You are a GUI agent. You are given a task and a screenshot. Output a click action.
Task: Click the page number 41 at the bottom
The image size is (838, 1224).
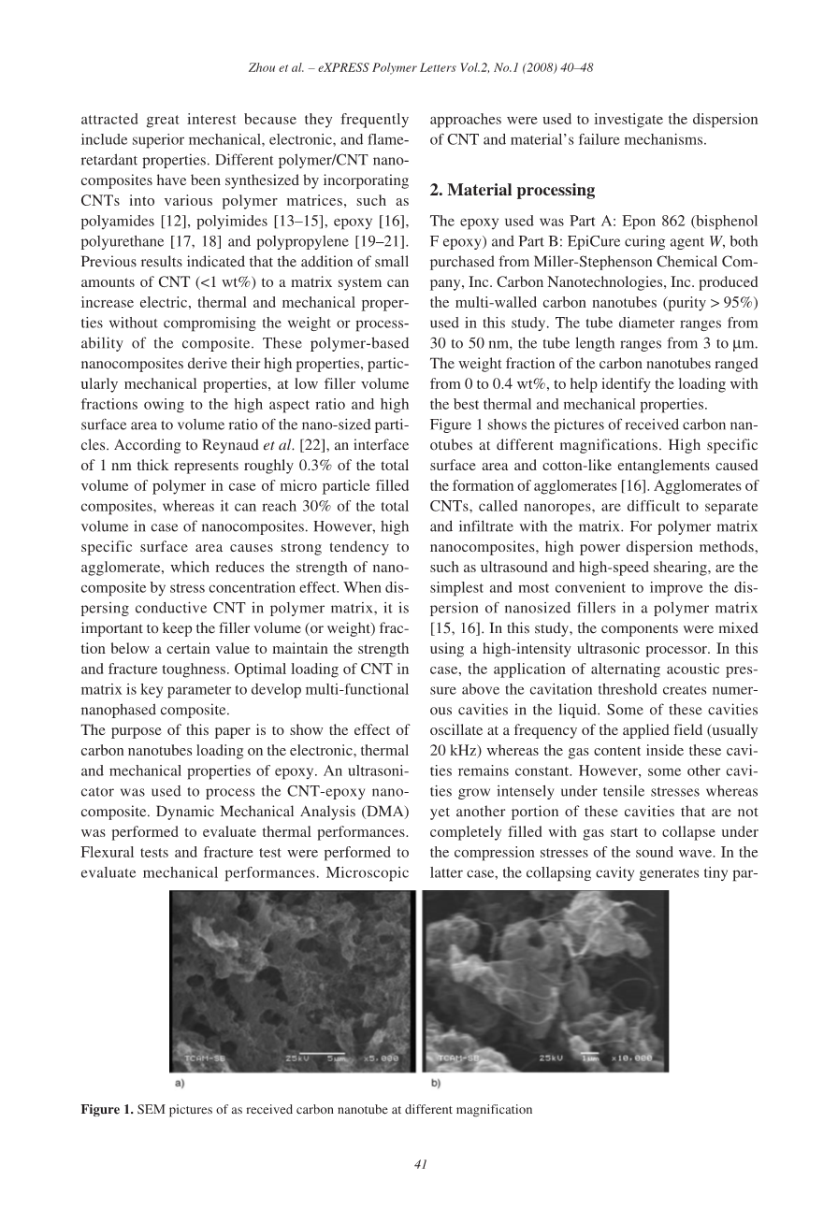(x=420, y=1164)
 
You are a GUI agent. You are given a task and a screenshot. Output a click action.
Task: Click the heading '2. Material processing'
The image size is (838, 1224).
(x=512, y=190)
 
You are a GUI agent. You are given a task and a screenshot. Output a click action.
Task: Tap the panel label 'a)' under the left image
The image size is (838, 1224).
(x=179, y=1083)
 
